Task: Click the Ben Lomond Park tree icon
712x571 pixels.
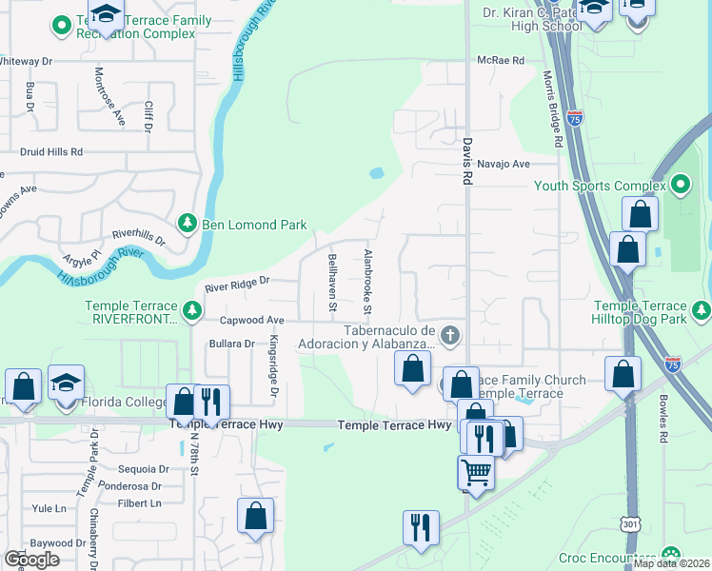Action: tap(188, 224)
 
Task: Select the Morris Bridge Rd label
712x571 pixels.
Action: tap(550, 108)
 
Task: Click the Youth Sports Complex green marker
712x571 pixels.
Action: tap(680, 185)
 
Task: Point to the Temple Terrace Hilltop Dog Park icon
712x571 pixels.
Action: tap(702, 309)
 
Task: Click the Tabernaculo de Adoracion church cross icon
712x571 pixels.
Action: tap(451, 335)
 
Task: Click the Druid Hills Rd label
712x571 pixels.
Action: tap(51, 151)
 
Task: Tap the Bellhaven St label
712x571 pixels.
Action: tap(332, 283)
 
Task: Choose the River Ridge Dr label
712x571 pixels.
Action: tap(238, 282)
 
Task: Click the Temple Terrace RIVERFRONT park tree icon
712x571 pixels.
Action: tap(192, 309)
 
